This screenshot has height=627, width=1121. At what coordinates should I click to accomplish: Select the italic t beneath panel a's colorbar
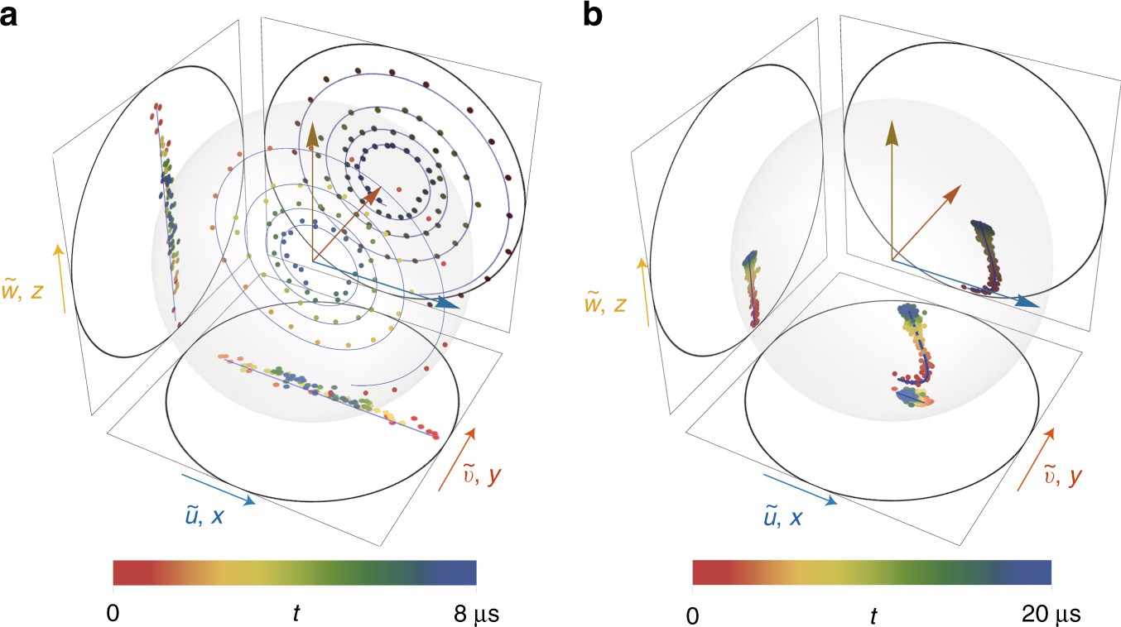296,614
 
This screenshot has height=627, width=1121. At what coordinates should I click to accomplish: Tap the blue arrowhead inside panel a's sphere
449,304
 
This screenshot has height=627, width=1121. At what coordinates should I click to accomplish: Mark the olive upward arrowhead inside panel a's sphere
313,133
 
